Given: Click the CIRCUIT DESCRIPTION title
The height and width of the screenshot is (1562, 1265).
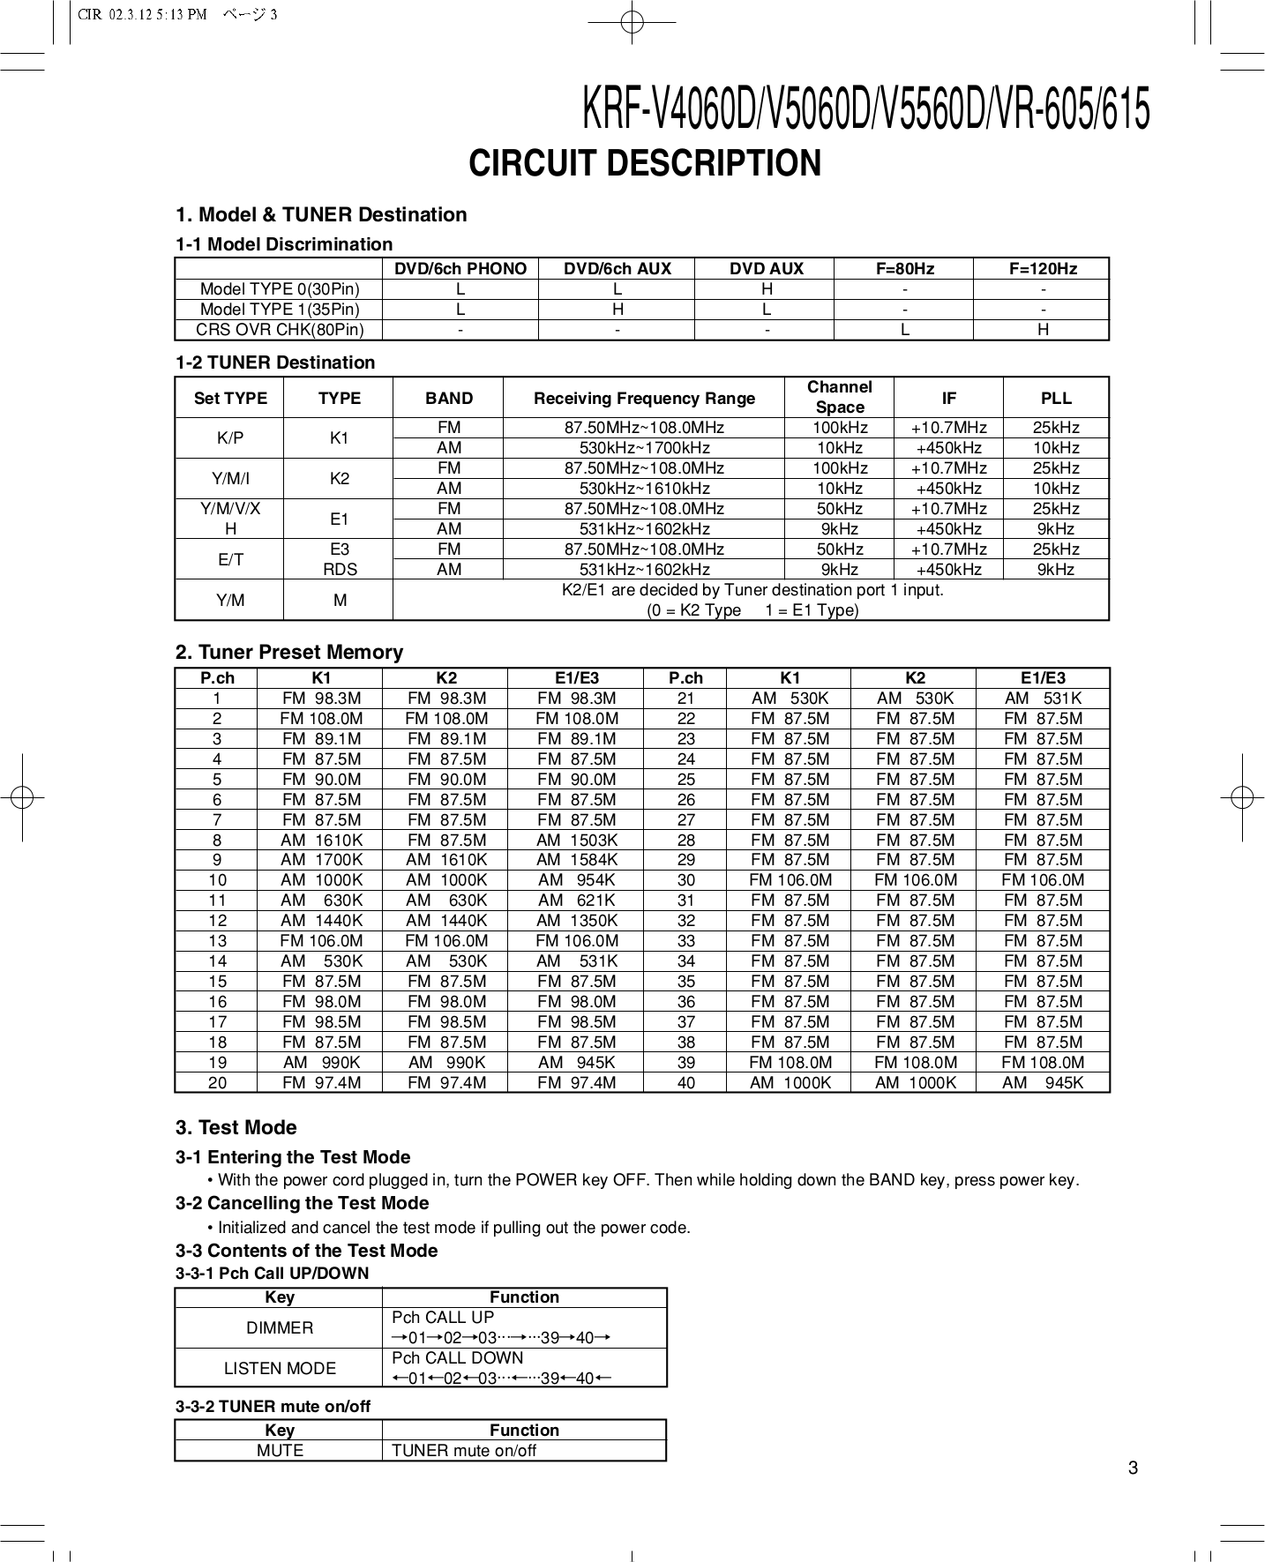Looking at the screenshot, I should coord(645,164).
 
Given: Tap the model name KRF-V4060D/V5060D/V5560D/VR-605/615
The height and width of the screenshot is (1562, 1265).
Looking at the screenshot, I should coord(866,111).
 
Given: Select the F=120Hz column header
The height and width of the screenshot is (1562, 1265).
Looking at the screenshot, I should coord(1043,269).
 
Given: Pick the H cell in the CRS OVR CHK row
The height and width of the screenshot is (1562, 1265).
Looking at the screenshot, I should coord(1043,330).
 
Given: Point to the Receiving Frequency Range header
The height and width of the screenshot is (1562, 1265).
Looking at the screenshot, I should coord(644,398).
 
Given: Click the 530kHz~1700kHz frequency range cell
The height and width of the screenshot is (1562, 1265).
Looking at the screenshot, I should coord(644,448).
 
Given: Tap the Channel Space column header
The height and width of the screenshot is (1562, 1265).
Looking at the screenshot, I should coord(839,397).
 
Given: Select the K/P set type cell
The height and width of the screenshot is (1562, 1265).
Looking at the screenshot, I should coord(230,438).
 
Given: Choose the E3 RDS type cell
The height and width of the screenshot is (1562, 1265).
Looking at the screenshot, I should coord(340,559).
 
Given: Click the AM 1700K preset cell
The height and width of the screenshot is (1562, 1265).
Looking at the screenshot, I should coord(321,860).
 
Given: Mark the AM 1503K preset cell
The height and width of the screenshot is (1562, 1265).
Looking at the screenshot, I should coord(577,841).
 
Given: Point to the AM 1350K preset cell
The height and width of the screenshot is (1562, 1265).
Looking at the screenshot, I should coord(577,921).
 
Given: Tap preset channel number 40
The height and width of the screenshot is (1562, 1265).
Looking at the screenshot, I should coord(685,1083).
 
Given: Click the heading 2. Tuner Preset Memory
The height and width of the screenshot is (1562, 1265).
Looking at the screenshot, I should coord(289,653).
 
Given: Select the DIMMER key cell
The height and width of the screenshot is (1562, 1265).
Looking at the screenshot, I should coord(280,1327).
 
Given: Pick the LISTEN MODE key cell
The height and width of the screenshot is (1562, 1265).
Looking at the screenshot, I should coord(280,1368).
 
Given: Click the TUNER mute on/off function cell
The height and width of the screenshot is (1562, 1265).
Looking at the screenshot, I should coord(464,1451).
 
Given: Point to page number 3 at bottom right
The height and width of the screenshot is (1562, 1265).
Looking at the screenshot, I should coord(1134,1469).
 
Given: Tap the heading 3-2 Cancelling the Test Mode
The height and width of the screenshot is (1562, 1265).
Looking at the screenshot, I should coord(303,1204).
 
